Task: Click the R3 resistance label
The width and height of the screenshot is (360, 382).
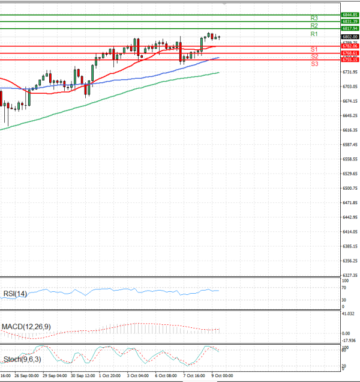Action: pyautogui.click(x=314, y=18)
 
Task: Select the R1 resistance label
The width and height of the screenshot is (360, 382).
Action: pyautogui.click(x=314, y=34)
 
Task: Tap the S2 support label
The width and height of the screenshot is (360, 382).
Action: pyautogui.click(x=314, y=56)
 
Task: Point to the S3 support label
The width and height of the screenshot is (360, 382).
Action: pyautogui.click(x=314, y=63)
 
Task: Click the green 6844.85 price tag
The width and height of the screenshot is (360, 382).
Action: pyautogui.click(x=350, y=14)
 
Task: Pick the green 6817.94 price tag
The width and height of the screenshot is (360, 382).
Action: pyautogui.click(x=350, y=28)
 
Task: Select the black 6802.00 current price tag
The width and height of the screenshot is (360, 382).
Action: pyautogui.click(x=350, y=37)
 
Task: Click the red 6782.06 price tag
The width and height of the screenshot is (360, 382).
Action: pyautogui.click(x=350, y=46)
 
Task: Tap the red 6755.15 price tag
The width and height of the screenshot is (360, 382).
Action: pyautogui.click(x=350, y=59)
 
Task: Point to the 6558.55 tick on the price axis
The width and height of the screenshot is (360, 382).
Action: pyautogui.click(x=349, y=159)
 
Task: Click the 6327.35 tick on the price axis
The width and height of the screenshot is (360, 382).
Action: pyautogui.click(x=349, y=275)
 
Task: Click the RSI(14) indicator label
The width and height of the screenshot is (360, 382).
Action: pyautogui.click(x=15, y=294)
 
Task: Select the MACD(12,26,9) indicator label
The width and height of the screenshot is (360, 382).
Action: pyautogui.click(x=25, y=326)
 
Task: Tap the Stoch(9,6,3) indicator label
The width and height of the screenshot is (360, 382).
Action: pyautogui.click(x=22, y=360)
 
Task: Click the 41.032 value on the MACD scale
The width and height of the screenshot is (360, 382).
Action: pyautogui.click(x=348, y=314)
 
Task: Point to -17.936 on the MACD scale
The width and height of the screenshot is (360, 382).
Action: pyautogui.click(x=349, y=341)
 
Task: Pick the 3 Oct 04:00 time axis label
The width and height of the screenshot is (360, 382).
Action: pyautogui.click(x=138, y=376)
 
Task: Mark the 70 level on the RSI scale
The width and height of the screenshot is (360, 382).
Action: pyautogui.click(x=344, y=289)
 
